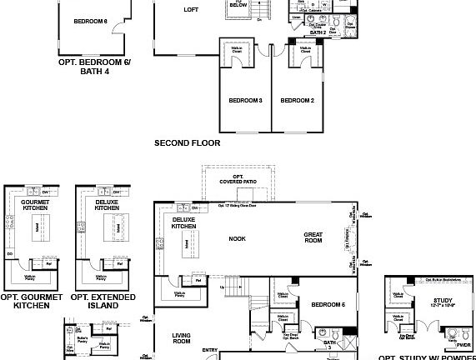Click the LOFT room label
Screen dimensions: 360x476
[x=191, y=11]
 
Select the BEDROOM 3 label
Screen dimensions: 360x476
[x=246, y=101]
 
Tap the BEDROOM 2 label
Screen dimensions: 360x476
[x=297, y=101]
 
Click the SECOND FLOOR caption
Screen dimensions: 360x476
[x=188, y=143]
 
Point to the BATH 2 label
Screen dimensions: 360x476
[x=318, y=32]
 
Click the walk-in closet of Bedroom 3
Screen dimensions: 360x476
[x=237, y=52]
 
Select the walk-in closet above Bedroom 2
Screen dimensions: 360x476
[x=304, y=52]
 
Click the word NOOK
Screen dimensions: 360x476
[x=238, y=239]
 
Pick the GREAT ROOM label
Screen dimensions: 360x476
[x=313, y=239]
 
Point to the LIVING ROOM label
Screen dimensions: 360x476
[x=181, y=337]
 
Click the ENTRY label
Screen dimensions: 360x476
[x=209, y=350]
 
